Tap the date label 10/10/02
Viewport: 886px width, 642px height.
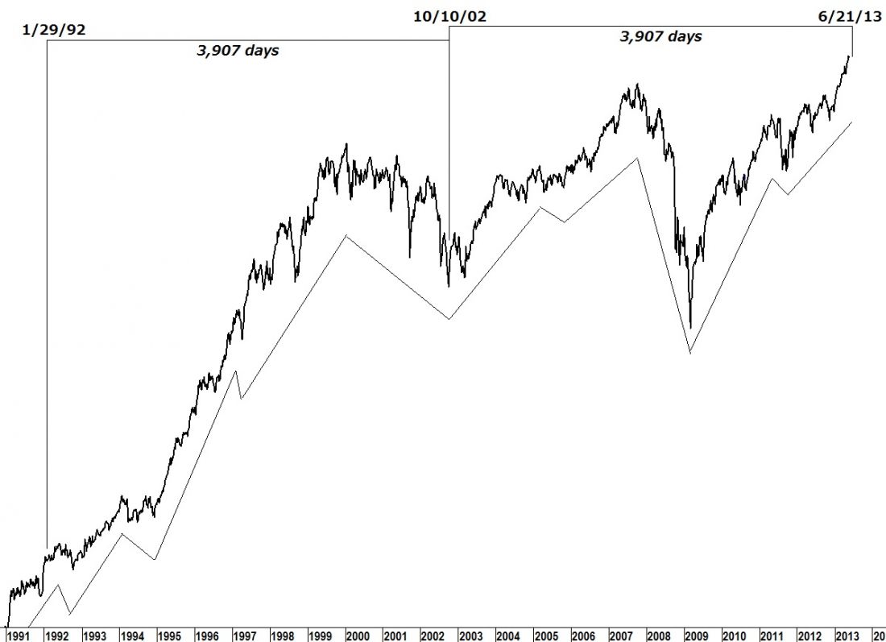(x=449, y=15)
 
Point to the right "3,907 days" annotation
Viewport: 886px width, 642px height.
(x=660, y=36)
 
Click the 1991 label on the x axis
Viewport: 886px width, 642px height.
(x=19, y=634)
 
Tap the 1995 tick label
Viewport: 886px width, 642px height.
(x=169, y=634)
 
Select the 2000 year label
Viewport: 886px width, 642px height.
(x=358, y=634)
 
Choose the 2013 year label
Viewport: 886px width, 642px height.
(x=847, y=634)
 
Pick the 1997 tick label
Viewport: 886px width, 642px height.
(x=245, y=634)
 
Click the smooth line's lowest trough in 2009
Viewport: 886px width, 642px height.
(x=690, y=353)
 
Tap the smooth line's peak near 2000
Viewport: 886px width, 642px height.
(x=346, y=235)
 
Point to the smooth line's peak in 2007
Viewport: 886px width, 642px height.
(x=637, y=158)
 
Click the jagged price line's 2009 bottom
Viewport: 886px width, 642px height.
(x=690, y=328)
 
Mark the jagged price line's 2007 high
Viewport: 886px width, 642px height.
(x=637, y=84)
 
